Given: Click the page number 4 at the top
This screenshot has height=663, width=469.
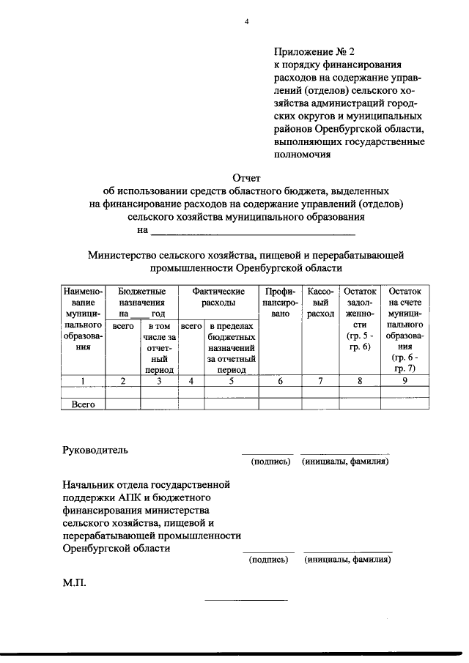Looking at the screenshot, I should click(247, 22).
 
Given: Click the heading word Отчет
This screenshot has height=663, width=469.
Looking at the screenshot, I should click(246, 177).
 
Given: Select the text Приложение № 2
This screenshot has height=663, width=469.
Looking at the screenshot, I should click(314, 52).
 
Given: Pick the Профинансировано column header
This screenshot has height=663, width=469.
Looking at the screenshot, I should click(281, 302).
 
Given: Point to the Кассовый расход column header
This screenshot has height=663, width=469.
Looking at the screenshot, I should click(321, 302).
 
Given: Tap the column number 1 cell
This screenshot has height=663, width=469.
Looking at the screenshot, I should click(84, 380).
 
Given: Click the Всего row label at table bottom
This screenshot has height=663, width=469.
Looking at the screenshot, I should click(84, 404).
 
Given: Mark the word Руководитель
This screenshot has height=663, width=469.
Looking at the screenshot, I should click(96, 450).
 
